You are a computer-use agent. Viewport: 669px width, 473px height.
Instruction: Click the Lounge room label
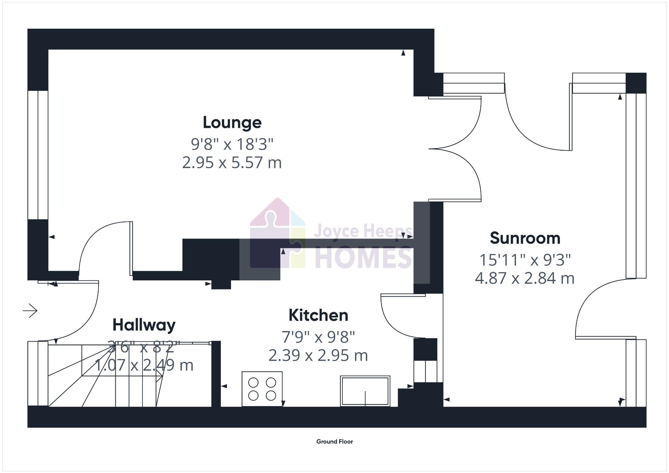232,123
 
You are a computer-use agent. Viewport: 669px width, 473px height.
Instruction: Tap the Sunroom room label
525,238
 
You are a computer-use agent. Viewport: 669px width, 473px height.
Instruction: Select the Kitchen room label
318,315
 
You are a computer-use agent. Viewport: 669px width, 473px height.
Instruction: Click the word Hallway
144,325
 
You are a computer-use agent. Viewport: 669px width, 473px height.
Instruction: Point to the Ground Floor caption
334,442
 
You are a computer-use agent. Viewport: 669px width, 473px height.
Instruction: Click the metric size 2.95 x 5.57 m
232,163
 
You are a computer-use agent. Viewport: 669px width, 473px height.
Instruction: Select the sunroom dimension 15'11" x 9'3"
525,260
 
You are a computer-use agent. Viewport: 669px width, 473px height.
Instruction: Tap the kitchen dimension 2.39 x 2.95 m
318,355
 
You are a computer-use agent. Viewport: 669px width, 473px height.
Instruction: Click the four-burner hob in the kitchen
262,389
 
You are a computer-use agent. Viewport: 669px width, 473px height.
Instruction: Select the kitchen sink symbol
365,391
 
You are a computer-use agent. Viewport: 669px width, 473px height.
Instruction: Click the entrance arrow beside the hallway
30,310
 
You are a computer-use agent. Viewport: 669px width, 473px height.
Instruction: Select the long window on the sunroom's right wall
636,185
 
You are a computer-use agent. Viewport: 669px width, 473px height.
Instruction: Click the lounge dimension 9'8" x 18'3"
232,144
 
